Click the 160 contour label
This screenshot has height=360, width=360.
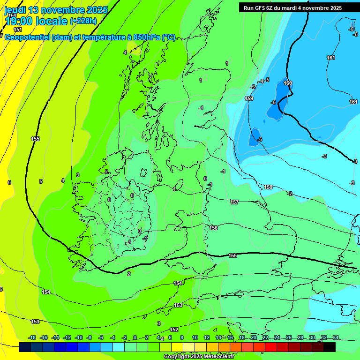[288, 83]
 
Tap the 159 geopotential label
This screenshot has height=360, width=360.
[249, 98]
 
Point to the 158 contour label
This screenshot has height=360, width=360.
[268, 187]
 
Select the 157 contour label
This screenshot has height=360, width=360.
[234, 202]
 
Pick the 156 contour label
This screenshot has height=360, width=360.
[214, 228]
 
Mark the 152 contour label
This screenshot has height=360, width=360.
[174, 330]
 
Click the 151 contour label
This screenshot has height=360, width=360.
[18, 30]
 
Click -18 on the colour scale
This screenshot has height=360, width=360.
[32, 337]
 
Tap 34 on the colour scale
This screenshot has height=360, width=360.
[336, 337]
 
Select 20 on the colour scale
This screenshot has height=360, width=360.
[254, 337]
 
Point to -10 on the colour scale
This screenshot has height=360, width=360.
[79, 337]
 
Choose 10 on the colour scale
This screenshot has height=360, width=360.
[195, 337]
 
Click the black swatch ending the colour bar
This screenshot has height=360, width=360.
[330, 347]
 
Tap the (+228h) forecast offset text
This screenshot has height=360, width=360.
[83, 21]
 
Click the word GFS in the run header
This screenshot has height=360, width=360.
[261, 8]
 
